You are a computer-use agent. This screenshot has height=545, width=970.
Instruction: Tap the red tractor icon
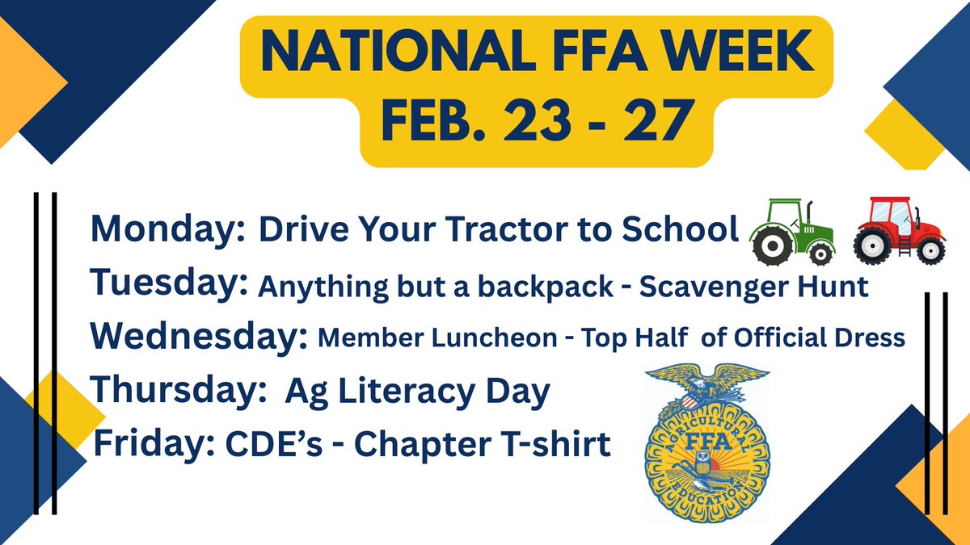897,230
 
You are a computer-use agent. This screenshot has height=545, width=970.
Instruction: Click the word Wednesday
198,337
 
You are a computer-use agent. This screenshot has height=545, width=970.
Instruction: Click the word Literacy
422,392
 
